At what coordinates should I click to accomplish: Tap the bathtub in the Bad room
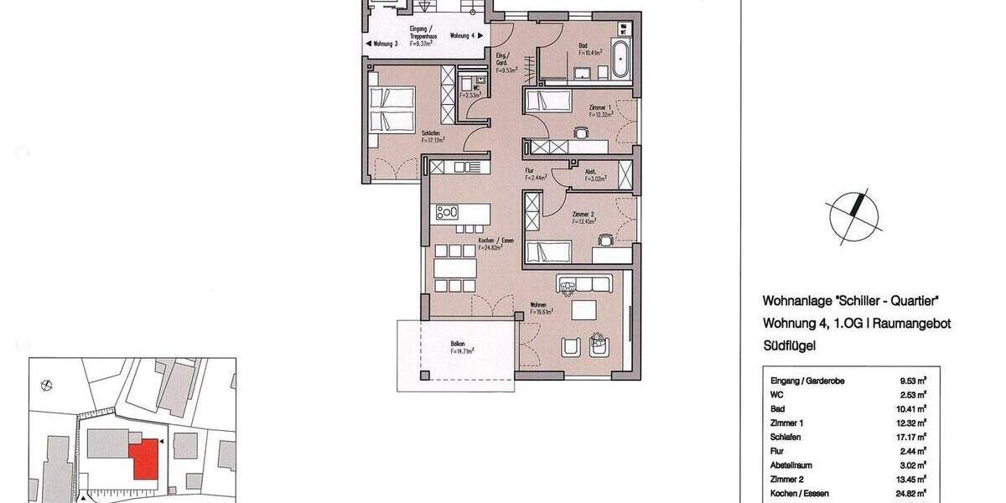point(622,59)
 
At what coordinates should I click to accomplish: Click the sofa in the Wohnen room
point(585,283)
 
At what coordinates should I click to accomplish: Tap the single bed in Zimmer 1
point(547,102)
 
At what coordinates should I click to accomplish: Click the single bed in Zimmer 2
point(547,251)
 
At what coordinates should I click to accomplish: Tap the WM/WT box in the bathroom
point(623,29)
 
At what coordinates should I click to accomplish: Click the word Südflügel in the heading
point(790,345)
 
